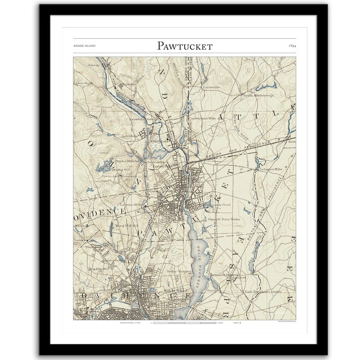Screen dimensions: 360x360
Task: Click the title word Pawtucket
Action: coord(184,46)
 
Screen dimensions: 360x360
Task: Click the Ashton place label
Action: coord(94,65)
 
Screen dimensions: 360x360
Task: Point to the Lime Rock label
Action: coord(84,83)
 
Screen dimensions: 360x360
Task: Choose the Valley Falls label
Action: coord(159,141)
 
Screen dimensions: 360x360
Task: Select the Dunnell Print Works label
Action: coord(224,220)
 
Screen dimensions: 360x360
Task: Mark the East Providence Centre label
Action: coord(263,292)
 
